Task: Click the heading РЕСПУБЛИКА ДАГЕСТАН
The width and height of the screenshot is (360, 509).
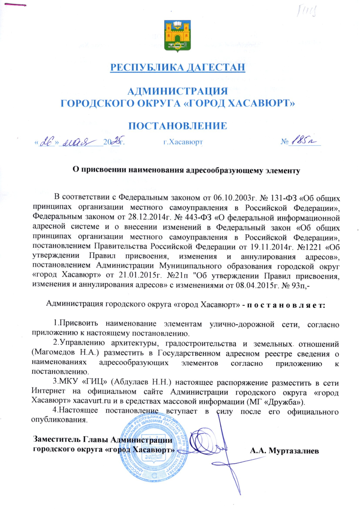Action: tap(177, 67)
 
